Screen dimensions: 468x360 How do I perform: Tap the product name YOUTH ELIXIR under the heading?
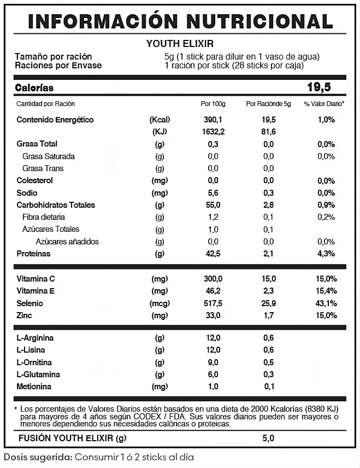click(x=180, y=44)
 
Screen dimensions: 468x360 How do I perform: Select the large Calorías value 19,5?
click(x=319, y=87)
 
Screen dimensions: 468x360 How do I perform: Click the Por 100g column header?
click(x=213, y=104)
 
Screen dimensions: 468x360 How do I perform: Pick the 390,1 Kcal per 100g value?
click(x=213, y=120)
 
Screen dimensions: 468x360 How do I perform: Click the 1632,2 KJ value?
click(x=213, y=132)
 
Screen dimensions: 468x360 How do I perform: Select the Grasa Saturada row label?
click(x=49, y=156)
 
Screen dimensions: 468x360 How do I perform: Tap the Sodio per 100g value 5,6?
click(x=213, y=193)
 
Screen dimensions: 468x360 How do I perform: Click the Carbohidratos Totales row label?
click(x=56, y=205)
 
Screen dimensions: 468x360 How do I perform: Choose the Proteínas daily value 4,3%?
click(x=326, y=254)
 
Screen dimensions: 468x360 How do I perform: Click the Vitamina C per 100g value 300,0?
click(x=213, y=279)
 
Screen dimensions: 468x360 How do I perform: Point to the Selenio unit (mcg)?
click(x=160, y=303)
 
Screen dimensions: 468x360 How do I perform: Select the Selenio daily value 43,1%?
click(x=326, y=303)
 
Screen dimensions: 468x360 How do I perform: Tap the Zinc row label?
click(x=25, y=315)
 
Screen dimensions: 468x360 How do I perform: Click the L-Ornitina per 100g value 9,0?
click(x=213, y=362)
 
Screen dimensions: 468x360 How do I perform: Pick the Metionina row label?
click(x=34, y=387)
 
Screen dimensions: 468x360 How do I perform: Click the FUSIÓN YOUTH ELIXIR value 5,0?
click(x=268, y=438)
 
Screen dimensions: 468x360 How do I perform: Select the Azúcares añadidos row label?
click(x=67, y=242)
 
